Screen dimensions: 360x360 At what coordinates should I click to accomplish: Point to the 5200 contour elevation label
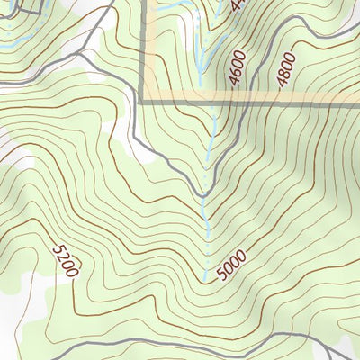66,259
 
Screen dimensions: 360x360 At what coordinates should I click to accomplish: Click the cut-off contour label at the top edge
238,4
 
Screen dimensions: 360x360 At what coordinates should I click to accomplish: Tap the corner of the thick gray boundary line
144,101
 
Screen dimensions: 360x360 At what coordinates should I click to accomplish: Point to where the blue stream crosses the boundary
214,101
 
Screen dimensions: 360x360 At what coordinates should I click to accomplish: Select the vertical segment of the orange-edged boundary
144,49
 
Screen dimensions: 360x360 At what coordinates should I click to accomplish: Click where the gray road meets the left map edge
2,79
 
